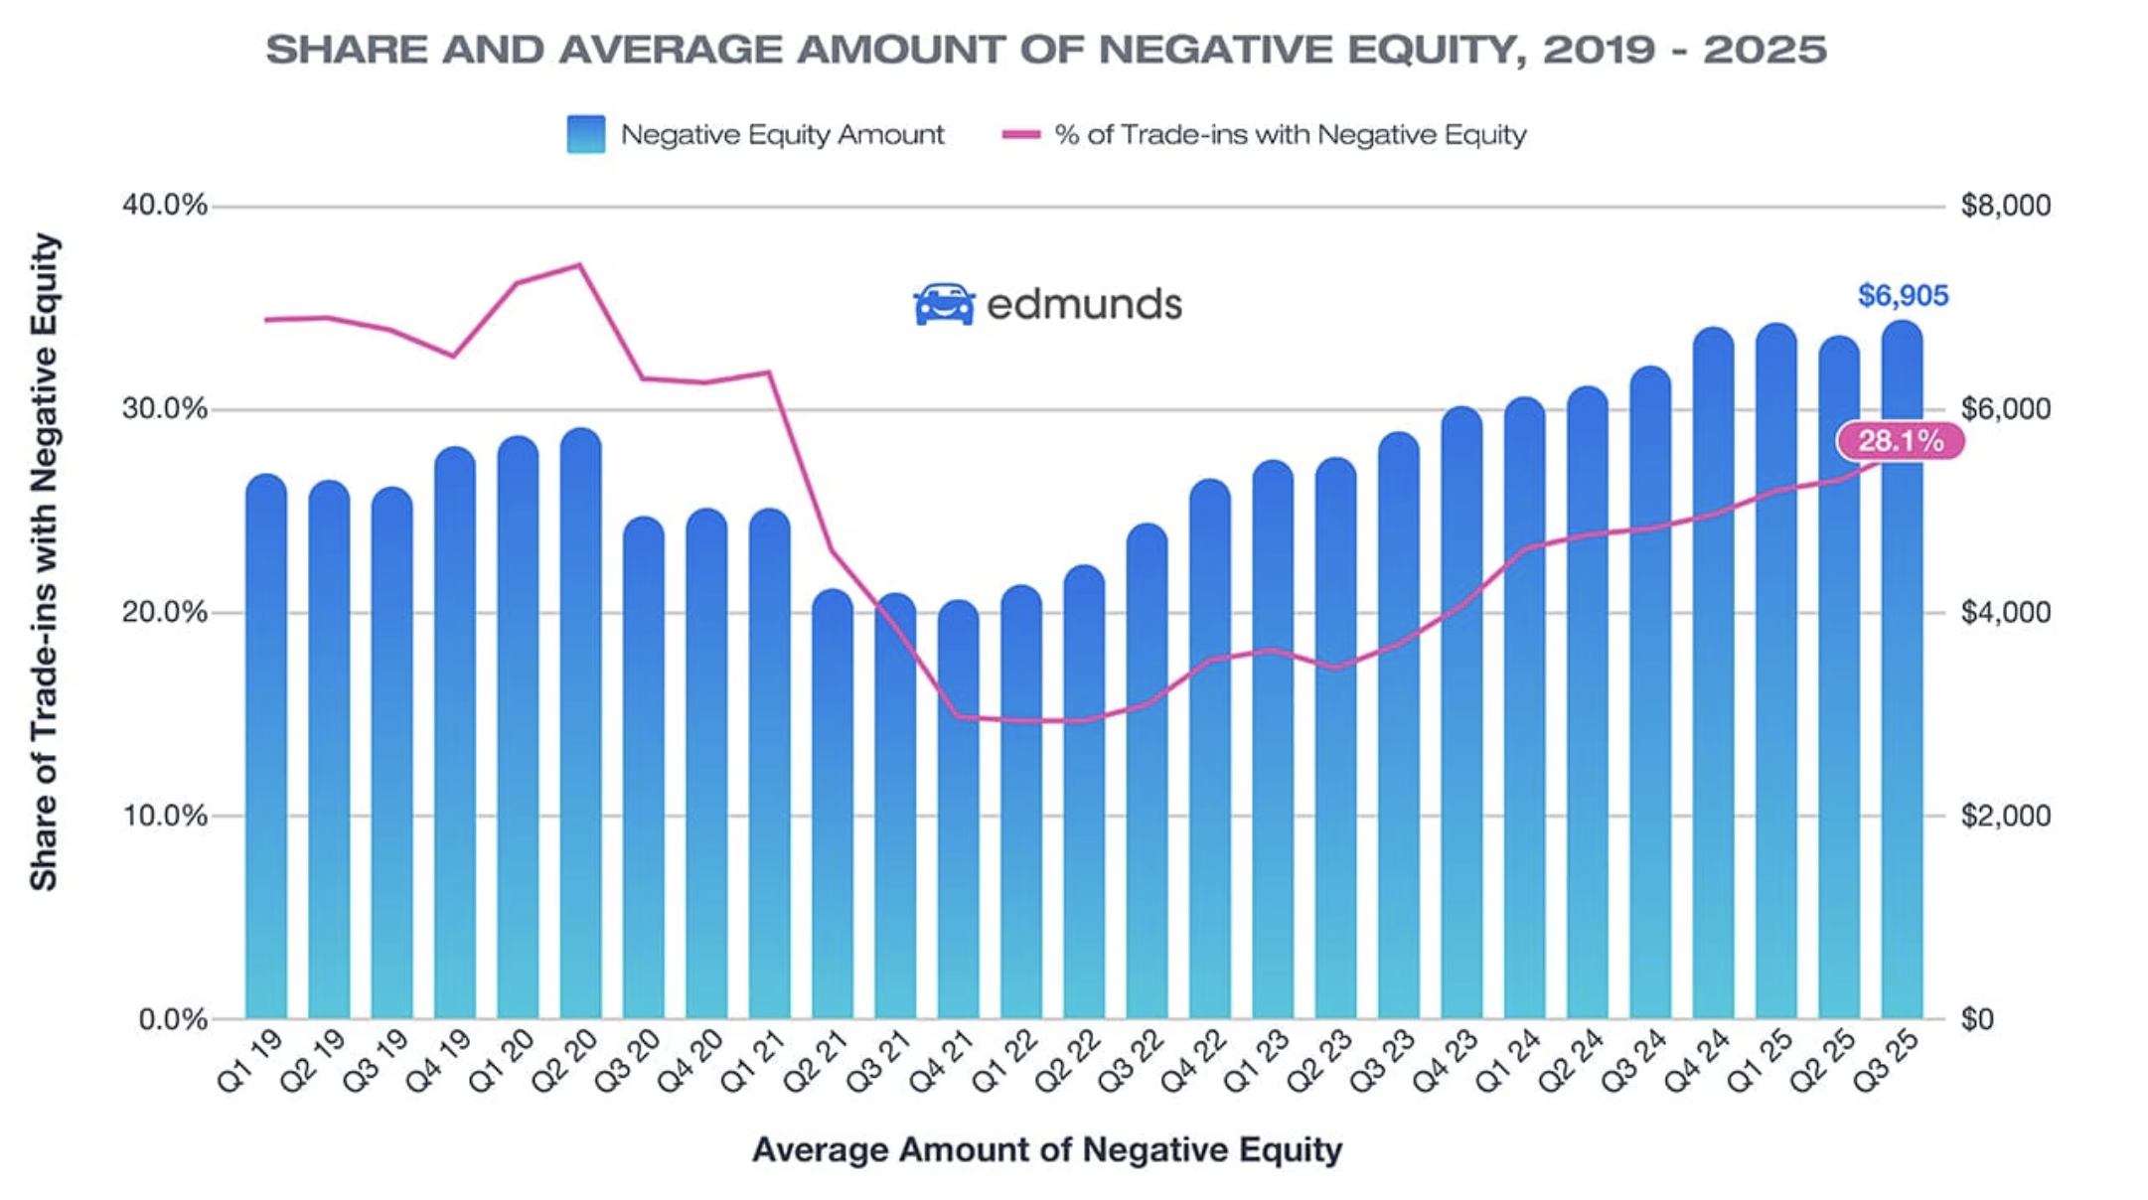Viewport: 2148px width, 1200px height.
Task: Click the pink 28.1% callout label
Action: (x=1900, y=441)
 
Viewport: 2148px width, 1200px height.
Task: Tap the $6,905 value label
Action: (x=1903, y=295)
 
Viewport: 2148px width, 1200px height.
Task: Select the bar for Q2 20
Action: (x=580, y=725)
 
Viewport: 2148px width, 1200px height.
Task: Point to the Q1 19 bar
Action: (x=266, y=745)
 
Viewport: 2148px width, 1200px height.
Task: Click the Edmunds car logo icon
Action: (x=943, y=304)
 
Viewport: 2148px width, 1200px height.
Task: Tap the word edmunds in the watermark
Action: (x=1084, y=304)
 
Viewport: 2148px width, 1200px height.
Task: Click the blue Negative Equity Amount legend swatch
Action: (x=585, y=134)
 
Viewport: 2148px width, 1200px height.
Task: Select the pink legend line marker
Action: (x=1020, y=134)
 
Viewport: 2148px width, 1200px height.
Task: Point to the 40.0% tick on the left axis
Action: (x=165, y=206)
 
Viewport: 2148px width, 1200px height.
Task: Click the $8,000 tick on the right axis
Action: (x=2005, y=206)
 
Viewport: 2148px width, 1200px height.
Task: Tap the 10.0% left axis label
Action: (x=165, y=816)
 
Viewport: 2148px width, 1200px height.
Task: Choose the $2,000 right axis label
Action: (x=2005, y=816)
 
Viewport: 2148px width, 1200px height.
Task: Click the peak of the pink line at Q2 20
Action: (x=580, y=265)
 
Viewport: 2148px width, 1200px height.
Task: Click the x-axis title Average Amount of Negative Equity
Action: (x=1046, y=1149)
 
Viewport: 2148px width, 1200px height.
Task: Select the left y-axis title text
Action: (x=44, y=561)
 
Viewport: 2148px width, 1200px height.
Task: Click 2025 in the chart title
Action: (x=1764, y=50)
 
